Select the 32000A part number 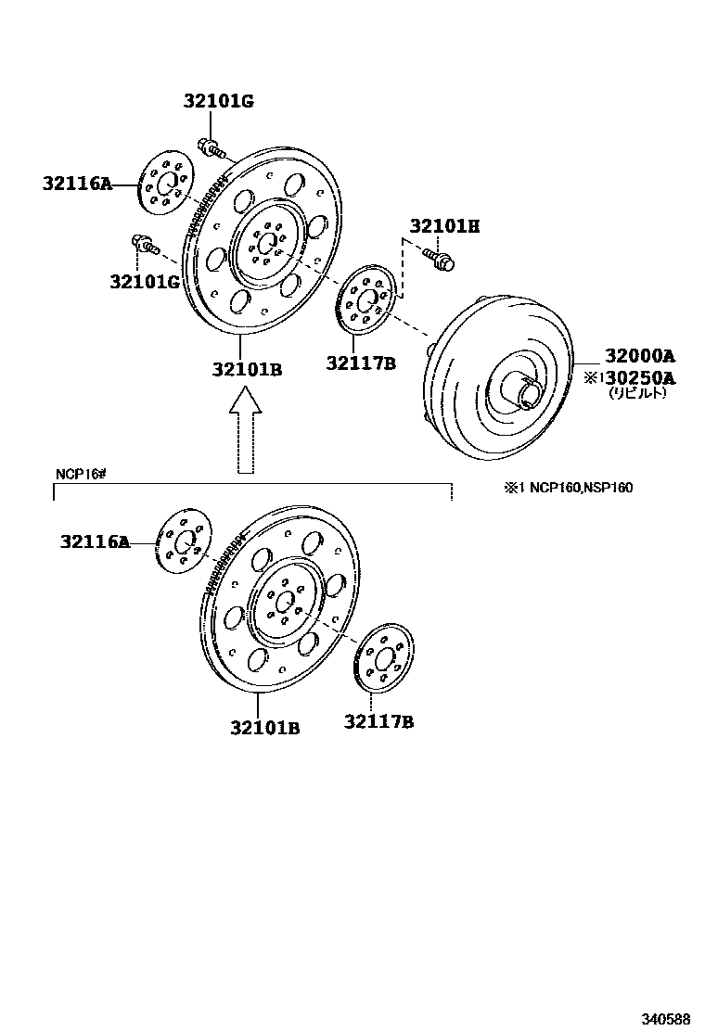640,355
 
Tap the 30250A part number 640,377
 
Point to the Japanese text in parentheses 638,393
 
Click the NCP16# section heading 82,474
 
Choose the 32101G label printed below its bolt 143,281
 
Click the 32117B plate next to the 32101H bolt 366,299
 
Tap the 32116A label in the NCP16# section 96,541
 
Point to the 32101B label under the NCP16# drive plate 265,728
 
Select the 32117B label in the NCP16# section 378,721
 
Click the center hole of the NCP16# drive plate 287,599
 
